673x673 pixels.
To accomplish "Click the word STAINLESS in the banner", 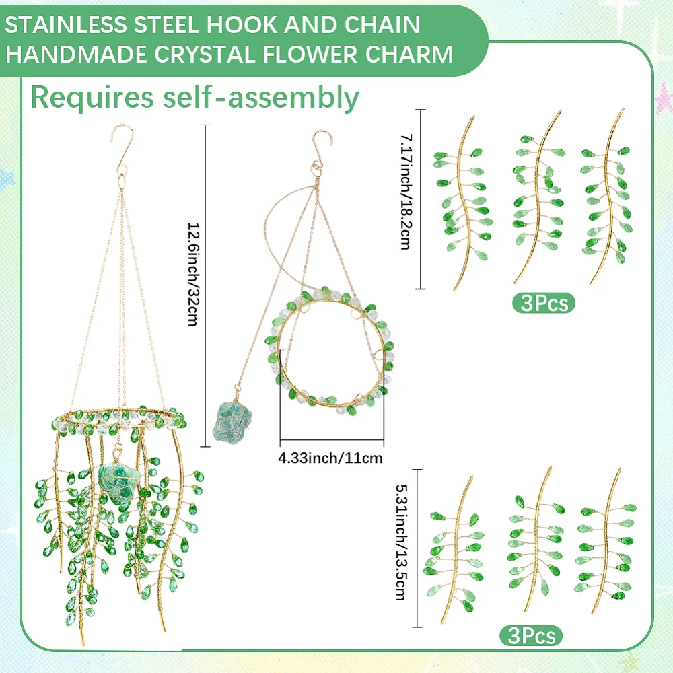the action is (x=66, y=25).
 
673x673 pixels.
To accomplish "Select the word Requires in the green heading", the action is (x=92, y=97).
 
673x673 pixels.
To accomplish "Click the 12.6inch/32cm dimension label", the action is (x=194, y=275).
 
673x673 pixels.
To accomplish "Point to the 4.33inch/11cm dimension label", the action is (x=330, y=458).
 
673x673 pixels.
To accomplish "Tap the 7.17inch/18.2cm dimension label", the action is (x=406, y=192).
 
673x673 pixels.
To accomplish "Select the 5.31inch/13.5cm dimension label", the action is (x=402, y=542).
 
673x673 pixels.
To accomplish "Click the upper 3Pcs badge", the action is (x=544, y=303).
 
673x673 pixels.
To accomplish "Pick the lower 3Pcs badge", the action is (x=531, y=636).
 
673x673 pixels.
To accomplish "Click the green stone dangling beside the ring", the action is (x=232, y=422).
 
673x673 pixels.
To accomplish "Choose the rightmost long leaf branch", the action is (x=606, y=197).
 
